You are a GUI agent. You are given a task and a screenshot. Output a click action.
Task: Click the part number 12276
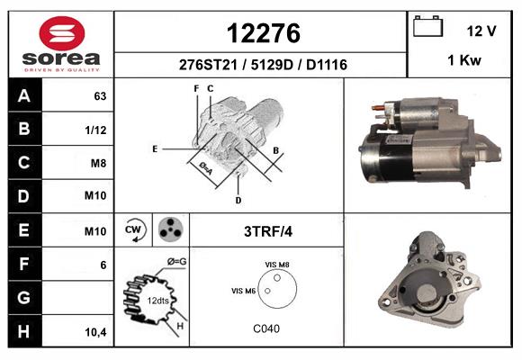coord(262,33)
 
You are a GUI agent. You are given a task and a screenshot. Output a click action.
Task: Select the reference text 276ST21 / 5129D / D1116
coord(262,66)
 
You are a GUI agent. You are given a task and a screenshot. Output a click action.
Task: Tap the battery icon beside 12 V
coord(429,27)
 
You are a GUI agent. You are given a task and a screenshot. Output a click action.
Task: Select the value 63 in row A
coord(100,96)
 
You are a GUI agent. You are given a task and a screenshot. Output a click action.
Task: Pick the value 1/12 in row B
coord(95,130)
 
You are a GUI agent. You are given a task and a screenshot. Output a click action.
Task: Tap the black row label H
coord(23,330)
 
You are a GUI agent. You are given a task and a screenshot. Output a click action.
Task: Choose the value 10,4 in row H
coord(95,332)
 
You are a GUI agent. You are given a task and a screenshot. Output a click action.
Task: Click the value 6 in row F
coord(103,265)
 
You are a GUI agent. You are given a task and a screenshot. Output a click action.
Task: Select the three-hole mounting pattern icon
coord(169,230)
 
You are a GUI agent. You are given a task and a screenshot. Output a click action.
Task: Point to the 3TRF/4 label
coord(267,231)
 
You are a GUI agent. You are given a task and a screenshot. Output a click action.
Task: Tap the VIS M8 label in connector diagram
coord(277,264)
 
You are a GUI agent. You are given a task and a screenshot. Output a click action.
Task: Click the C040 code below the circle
coord(265,328)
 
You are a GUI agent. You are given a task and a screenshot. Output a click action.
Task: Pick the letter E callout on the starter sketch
coord(155,148)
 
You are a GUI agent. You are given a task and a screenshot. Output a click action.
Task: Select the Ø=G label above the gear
coord(177,262)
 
